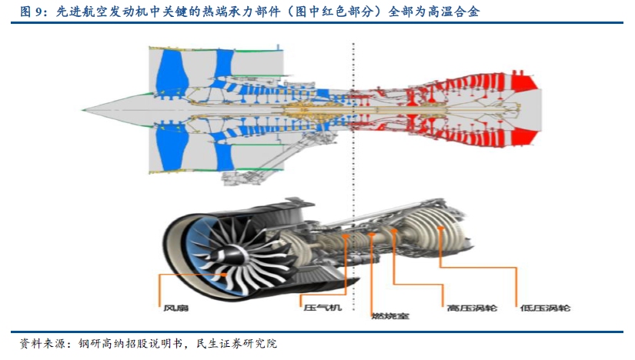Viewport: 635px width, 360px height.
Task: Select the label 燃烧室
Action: pyautogui.click(x=389, y=316)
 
